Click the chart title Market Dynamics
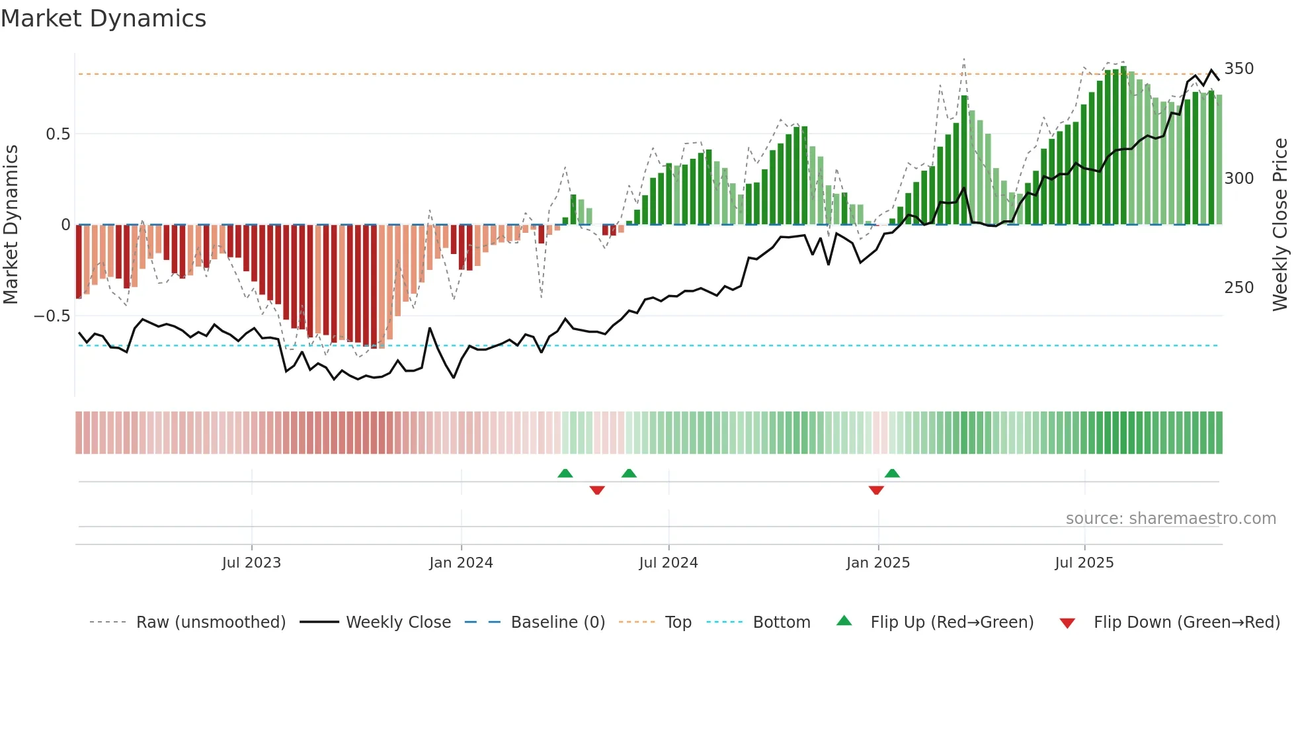pyautogui.click(x=103, y=19)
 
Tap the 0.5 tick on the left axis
pyautogui.click(x=58, y=134)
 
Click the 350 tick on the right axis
pyautogui.click(x=1238, y=69)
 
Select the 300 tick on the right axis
pyautogui.click(x=1238, y=179)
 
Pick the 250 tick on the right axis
pyautogui.click(x=1238, y=288)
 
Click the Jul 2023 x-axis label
pyautogui.click(x=251, y=563)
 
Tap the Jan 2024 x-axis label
pyautogui.click(x=461, y=563)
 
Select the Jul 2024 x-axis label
pyautogui.click(x=668, y=563)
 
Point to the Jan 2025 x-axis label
pyautogui.click(x=877, y=563)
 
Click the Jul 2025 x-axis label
pyautogui.click(x=1084, y=563)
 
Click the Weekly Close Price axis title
pyautogui.click(x=1280, y=225)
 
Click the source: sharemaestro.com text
pyautogui.click(x=1170, y=519)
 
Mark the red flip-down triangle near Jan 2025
pyautogui.click(x=876, y=490)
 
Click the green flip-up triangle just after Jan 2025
pyautogui.click(x=892, y=473)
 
